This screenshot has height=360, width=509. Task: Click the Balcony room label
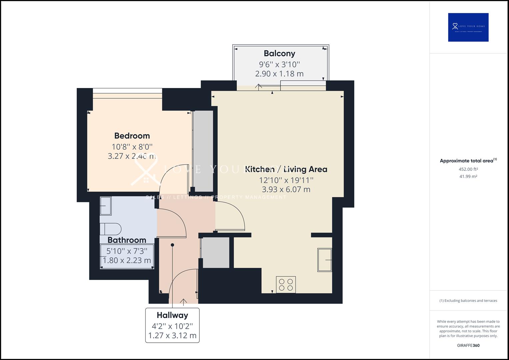(x=279, y=53)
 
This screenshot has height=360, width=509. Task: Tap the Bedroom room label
(x=132, y=136)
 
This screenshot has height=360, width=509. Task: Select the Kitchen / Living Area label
(x=286, y=169)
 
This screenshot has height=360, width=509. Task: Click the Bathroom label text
(x=127, y=240)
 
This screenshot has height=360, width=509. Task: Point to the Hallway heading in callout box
(x=172, y=315)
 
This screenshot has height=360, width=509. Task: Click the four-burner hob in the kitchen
(x=286, y=285)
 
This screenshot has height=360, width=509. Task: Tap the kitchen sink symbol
(x=324, y=260)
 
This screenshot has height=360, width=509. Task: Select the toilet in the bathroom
(x=111, y=229)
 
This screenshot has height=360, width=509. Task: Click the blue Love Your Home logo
(x=468, y=27)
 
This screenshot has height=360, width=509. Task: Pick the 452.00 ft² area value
(x=468, y=169)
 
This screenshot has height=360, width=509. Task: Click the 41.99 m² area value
(x=468, y=177)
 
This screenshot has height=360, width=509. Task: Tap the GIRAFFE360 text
(x=468, y=345)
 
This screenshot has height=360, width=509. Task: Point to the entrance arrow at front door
(x=183, y=301)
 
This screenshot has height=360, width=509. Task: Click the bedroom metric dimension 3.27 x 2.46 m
(x=132, y=156)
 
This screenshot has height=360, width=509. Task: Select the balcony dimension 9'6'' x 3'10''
(x=279, y=64)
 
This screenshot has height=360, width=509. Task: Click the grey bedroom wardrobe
(x=203, y=151)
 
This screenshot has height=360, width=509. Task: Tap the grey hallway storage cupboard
(x=216, y=252)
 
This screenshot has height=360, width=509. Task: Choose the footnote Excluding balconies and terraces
(x=468, y=301)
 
